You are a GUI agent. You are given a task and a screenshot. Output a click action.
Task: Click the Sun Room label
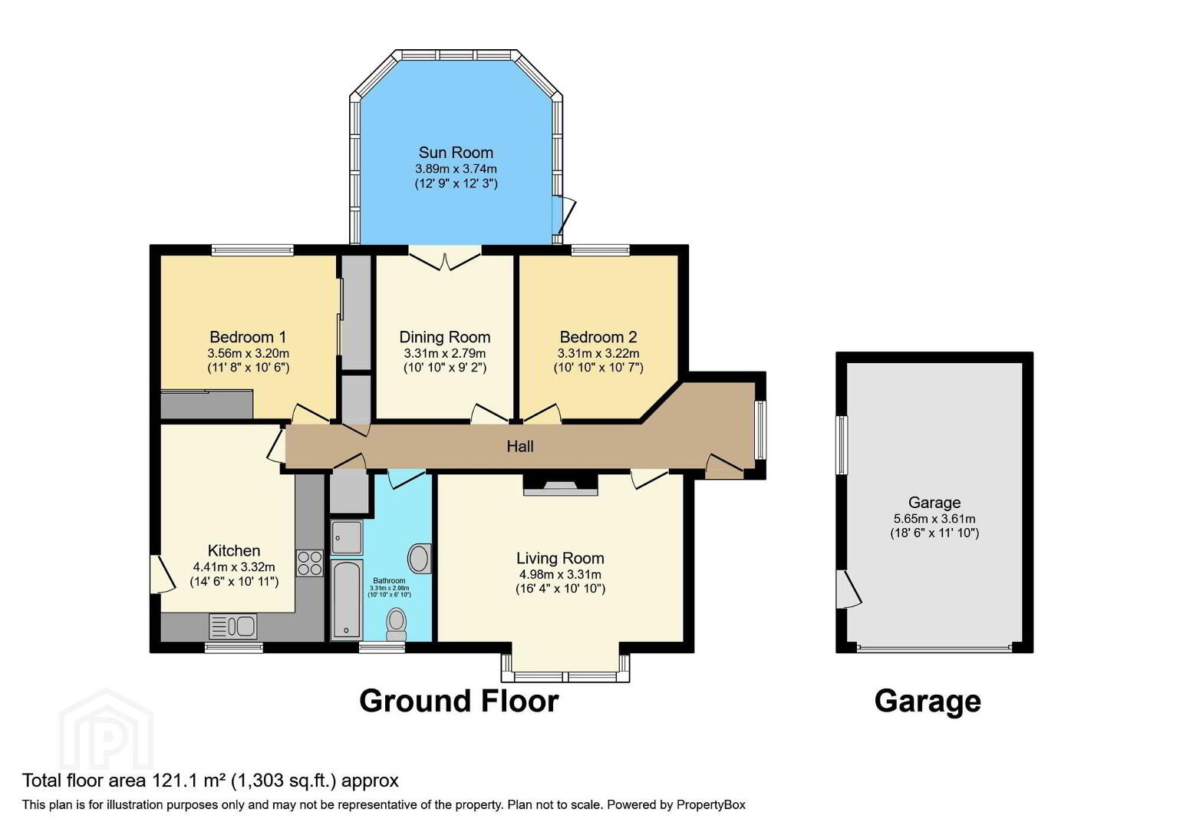tap(456, 153)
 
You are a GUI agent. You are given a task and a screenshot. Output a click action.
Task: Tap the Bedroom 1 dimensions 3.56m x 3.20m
tap(249, 353)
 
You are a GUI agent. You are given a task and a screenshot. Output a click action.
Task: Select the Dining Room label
tap(445, 337)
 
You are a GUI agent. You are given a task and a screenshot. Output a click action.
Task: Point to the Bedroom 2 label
tap(598, 337)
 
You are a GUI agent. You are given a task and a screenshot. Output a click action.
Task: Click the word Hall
tap(520, 447)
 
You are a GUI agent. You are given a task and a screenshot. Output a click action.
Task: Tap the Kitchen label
tap(234, 550)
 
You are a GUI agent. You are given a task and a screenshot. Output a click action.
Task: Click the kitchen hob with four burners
tap(310, 563)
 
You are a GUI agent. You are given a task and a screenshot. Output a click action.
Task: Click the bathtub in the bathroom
tap(347, 599)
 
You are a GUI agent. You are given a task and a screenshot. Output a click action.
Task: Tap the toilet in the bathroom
tap(396, 624)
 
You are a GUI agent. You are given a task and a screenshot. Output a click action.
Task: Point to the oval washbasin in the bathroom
tap(420, 559)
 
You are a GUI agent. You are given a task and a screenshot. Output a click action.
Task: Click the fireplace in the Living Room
tap(560, 484)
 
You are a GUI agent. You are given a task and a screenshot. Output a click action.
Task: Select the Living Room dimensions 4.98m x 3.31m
tap(560, 574)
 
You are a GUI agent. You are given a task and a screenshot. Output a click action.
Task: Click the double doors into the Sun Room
tap(445, 258)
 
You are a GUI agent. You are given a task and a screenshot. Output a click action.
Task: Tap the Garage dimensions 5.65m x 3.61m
tap(934, 519)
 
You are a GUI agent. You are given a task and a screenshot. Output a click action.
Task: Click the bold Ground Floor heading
tap(459, 701)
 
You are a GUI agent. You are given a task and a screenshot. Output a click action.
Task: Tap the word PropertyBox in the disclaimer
tap(711, 805)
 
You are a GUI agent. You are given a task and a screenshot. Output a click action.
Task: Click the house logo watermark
tap(107, 730)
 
